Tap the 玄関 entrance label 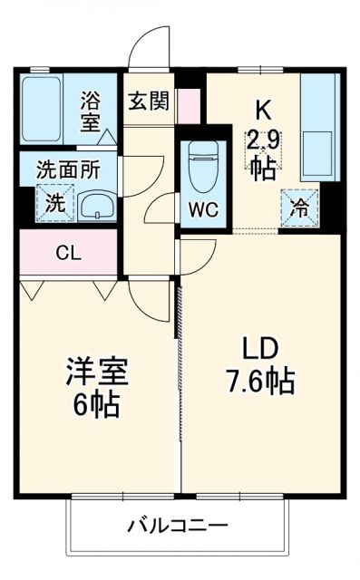tap(147, 101)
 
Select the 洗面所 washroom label tap(63, 169)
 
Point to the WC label tap(202, 209)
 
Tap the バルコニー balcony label tap(177, 526)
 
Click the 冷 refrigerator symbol tap(298, 204)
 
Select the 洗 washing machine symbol tap(55, 203)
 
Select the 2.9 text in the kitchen tap(263, 141)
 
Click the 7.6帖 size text tap(261, 382)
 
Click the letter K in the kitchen tap(262, 111)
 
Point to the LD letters tap(260, 349)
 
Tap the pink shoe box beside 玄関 tap(188, 107)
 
